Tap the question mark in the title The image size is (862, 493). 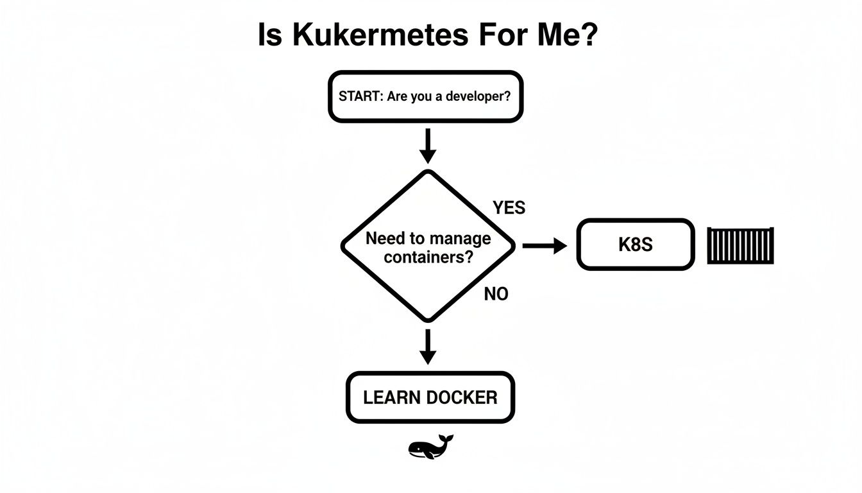click(x=589, y=35)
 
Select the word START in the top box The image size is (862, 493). click(x=360, y=98)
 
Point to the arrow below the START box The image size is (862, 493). click(x=427, y=146)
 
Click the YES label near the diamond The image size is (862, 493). click(x=509, y=208)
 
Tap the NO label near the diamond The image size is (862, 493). click(x=496, y=295)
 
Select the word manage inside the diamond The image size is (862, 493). click(x=459, y=239)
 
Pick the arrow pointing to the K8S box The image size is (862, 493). click(x=545, y=245)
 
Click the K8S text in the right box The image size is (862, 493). click(x=635, y=245)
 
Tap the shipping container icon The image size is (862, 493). click(x=740, y=245)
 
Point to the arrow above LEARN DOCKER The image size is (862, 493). click(x=427, y=347)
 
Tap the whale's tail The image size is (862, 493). click(x=447, y=440)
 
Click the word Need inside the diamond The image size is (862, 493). click(x=385, y=239)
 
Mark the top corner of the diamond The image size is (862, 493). click(x=428, y=172)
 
